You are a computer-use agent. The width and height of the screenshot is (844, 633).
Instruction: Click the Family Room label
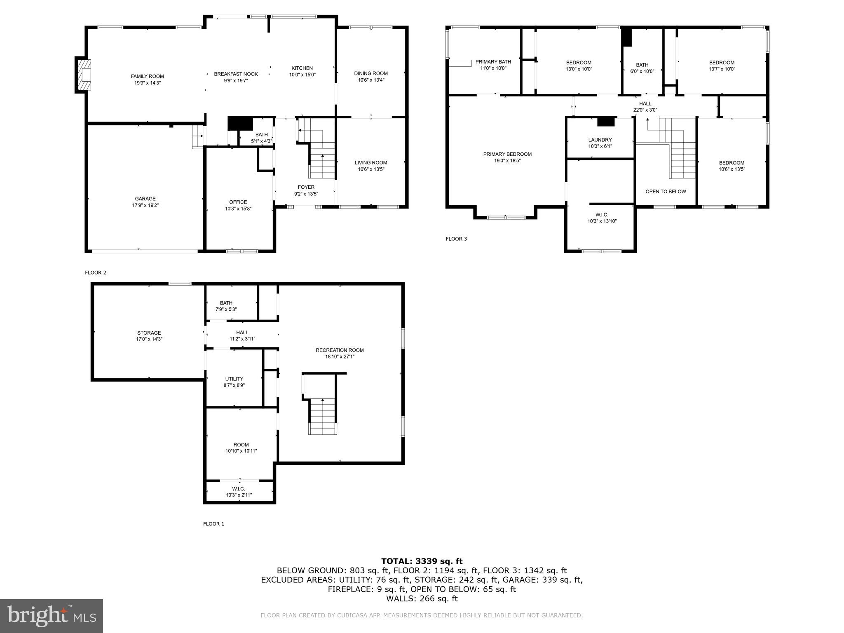[147, 76]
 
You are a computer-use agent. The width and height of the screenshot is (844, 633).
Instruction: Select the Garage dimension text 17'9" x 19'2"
[145, 205]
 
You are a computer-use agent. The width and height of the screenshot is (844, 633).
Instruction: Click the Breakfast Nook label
[236, 74]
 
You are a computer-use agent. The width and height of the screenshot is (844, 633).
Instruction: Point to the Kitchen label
[302, 68]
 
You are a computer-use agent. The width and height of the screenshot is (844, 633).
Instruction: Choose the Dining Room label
[371, 73]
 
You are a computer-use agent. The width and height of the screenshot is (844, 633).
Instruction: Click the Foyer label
[306, 187]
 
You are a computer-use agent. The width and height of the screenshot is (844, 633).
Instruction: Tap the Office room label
[238, 202]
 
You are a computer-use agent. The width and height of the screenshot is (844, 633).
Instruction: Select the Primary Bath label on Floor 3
[493, 62]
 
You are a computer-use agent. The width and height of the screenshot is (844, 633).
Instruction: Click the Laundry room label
[600, 140]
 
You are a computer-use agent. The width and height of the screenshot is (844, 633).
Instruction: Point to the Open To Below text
[666, 192]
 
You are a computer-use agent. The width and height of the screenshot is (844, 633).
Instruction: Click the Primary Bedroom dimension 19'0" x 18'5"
[507, 161]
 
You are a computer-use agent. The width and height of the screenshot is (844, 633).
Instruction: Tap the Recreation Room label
[340, 350]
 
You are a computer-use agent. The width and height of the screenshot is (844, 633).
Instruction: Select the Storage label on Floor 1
[149, 333]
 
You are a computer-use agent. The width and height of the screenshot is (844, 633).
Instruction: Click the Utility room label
[234, 379]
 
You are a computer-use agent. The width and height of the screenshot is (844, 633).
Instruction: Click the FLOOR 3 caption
[456, 239]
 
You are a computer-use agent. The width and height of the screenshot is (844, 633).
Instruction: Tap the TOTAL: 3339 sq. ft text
[422, 561]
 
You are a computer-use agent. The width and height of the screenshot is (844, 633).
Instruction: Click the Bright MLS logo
[52, 616]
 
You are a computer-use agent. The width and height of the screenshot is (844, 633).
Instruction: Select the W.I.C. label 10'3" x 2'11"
[239, 492]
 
